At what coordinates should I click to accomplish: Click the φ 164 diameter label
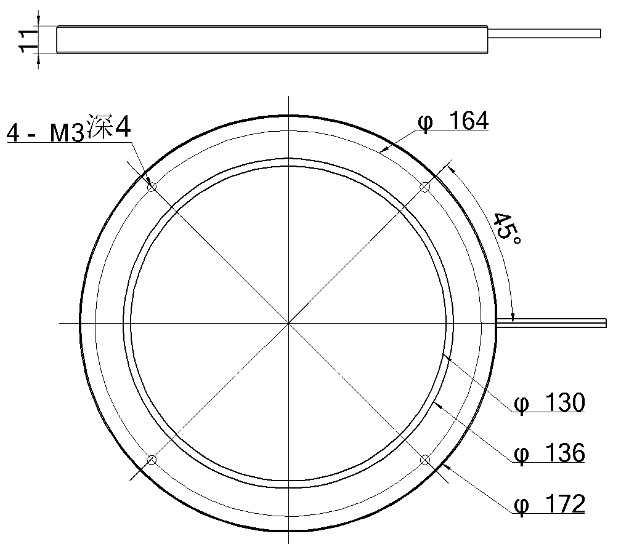[453, 121]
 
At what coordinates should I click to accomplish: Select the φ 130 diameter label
[550, 402]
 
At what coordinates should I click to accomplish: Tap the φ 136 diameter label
[550, 453]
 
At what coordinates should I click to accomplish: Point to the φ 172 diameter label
[550, 504]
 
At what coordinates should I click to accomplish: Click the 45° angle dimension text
[507, 229]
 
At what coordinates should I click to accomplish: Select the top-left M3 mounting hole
[152, 186]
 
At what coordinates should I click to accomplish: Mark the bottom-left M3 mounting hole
[152, 460]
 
